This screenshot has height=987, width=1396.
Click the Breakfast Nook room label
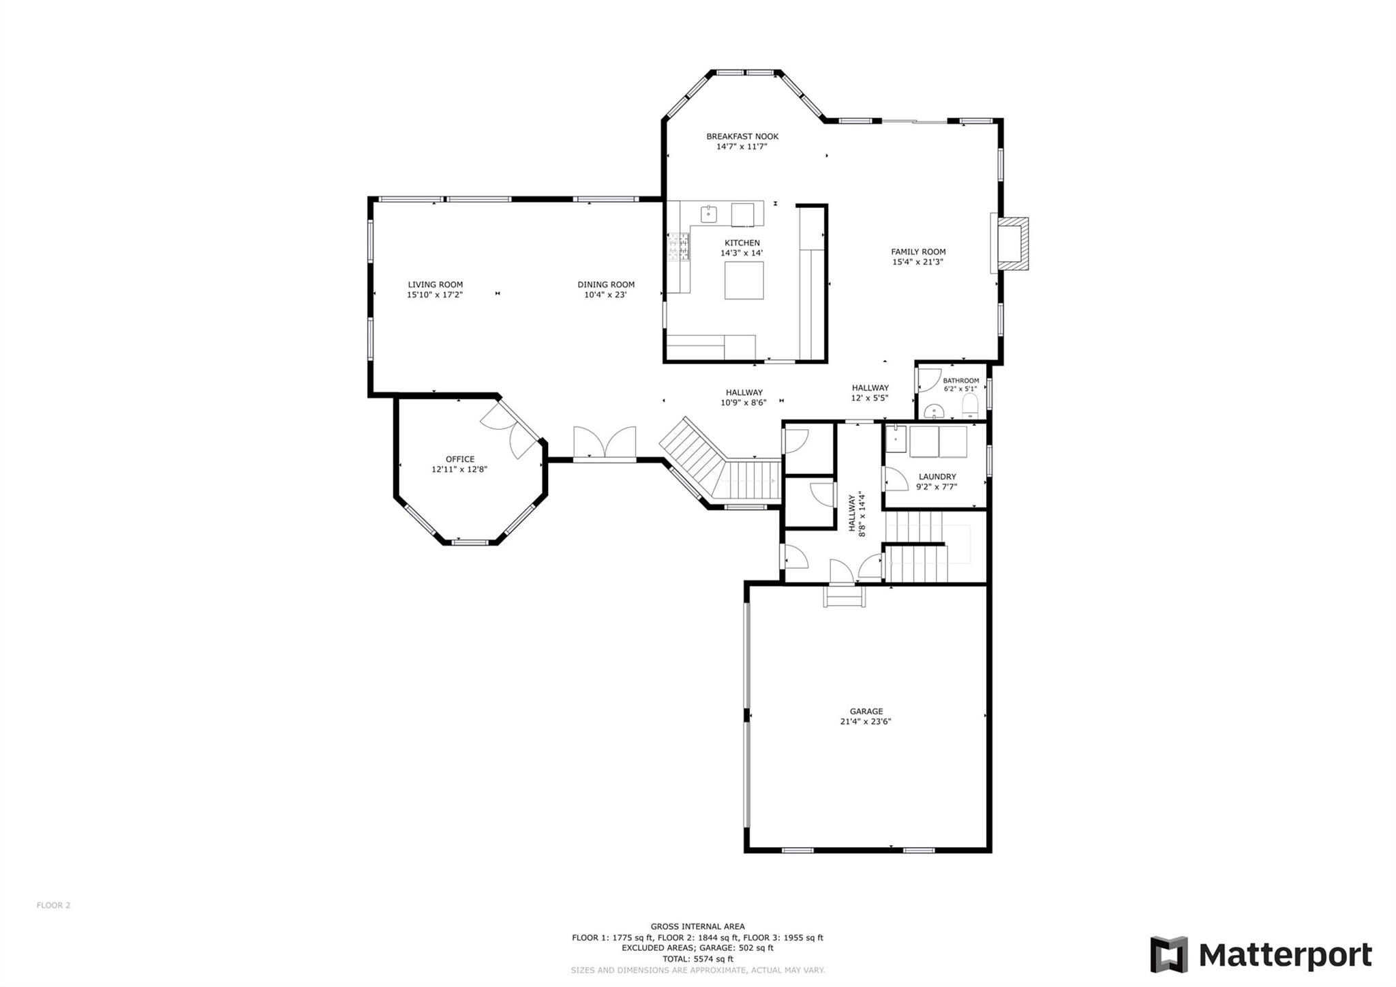pyautogui.click(x=742, y=136)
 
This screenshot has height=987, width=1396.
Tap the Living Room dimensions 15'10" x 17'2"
pyautogui.click(x=435, y=295)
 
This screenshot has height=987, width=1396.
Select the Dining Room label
pyautogui.click(x=605, y=284)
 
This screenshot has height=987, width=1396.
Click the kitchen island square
pyautogui.click(x=744, y=280)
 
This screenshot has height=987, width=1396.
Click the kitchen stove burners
pyautogui.click(x=678, y=246)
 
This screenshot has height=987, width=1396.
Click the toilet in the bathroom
pyautogui.click(x=969, y=407)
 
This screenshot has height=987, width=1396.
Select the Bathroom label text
pyautogui.click(x=960, y=381)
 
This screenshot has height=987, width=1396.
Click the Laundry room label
pyautogui.click(x=937, y=477)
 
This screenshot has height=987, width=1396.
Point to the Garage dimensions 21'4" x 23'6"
pyautogui.click(x=865, y=721)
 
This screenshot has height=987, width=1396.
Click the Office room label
pyautogui.click(x=459, y=459)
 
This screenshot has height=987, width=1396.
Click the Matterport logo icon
pyautogui.click(x=1168, y=954)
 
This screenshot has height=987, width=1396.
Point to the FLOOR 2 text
pyautogui.click(x=53, y=905)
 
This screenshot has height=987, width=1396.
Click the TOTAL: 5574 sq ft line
pyautogui.click(x=697, y=958)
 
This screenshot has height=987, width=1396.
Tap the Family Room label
pyautogui.click(x=917, y=252)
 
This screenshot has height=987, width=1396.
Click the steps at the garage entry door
pyautogui.click(x=845, y=598)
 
